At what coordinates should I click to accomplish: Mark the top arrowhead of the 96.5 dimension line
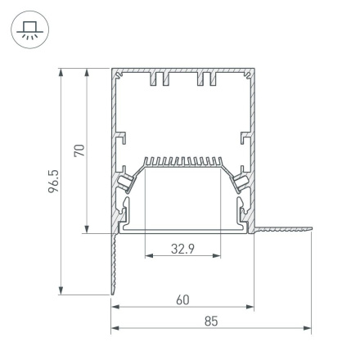pyautogui.click(x=61, y=74)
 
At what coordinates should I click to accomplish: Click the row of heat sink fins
pyautogui.click(x=183, y=161)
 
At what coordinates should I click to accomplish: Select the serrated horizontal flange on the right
pyautogui.click(x=282, y=233)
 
